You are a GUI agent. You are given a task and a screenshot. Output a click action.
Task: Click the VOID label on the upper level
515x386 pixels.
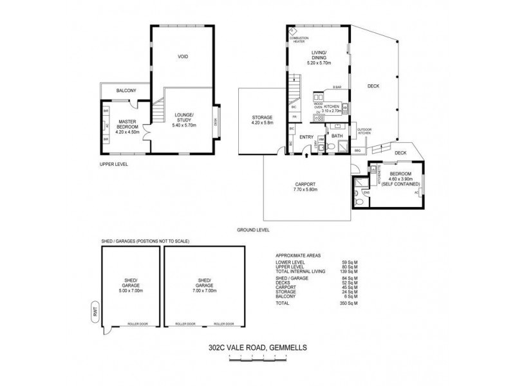point(182,57)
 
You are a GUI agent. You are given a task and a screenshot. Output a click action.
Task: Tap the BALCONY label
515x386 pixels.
point(126,91)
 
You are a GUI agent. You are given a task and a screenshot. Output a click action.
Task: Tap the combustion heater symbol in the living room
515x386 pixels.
point(293,30)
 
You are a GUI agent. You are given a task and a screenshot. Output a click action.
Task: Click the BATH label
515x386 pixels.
point(337,136)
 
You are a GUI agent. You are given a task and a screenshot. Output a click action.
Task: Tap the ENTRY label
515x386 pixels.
point(306,136)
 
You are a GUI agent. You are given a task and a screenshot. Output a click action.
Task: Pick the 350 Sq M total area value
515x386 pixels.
point(349,302)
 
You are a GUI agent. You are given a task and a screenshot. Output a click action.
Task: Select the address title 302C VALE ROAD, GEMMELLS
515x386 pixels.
point(257,348)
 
